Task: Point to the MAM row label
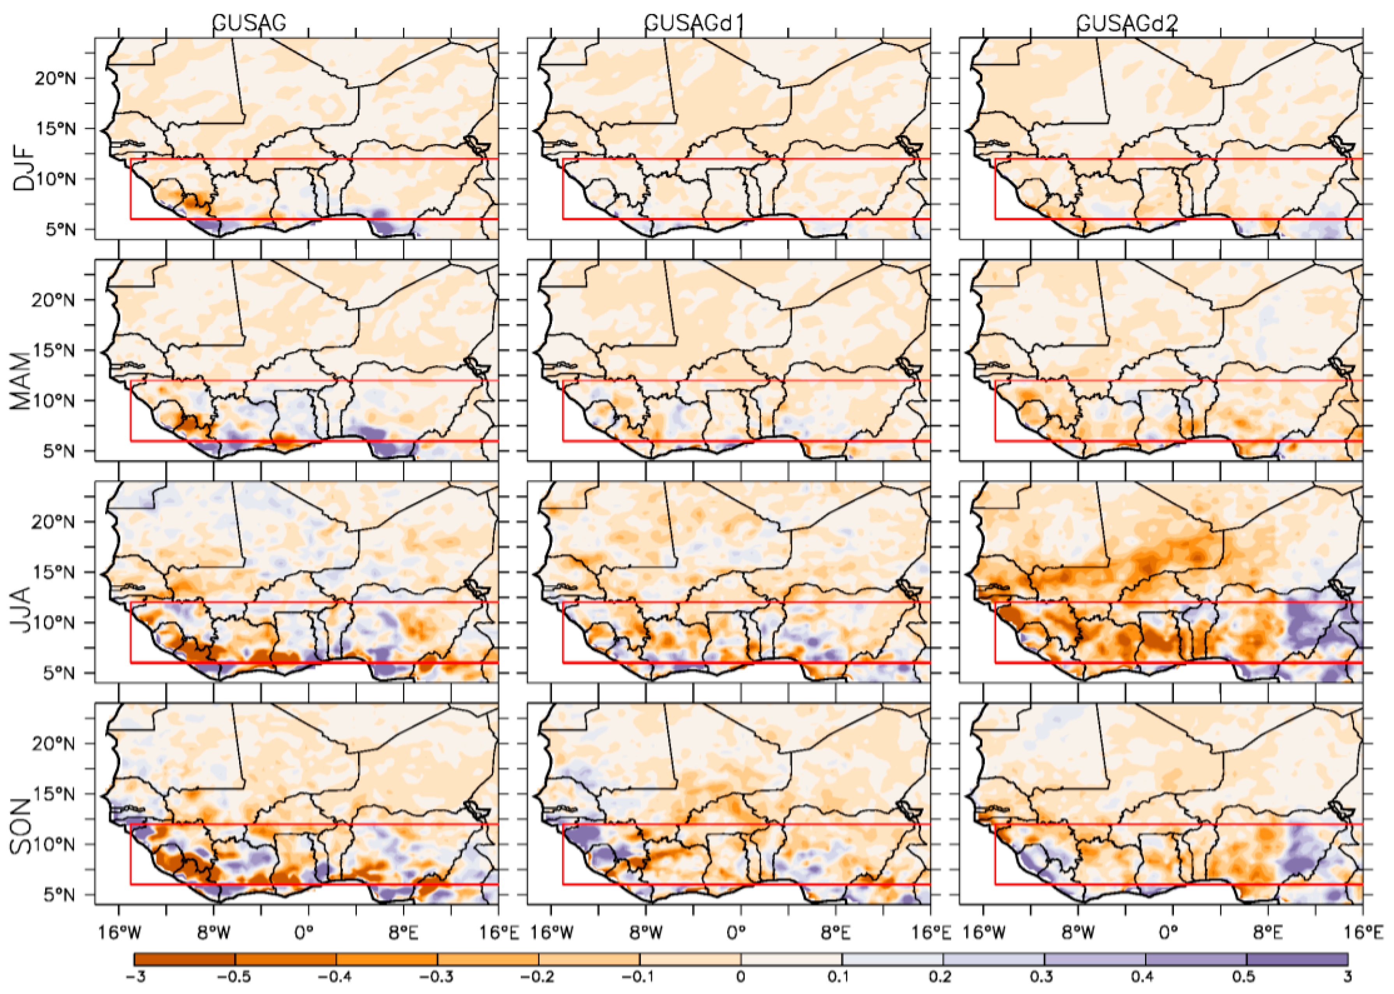22,381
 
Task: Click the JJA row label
22,610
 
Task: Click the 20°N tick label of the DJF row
55,78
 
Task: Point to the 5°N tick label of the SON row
59,895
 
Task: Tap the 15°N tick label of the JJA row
55,573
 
